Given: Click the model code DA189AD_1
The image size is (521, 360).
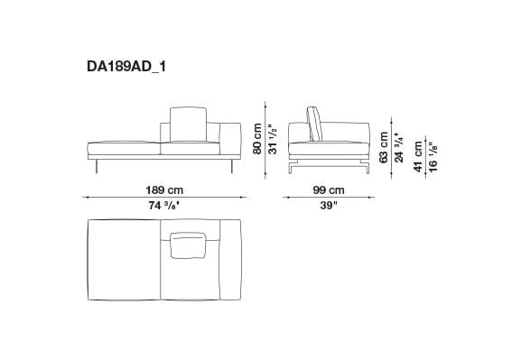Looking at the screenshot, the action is coord(126,67).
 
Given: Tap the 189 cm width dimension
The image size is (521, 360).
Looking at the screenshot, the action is coord(164,190).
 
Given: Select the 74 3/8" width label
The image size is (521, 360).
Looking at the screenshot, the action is coord(164,206).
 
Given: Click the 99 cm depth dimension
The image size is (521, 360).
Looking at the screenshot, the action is coord(329,190).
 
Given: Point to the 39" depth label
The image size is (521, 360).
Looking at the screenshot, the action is coord(329,206).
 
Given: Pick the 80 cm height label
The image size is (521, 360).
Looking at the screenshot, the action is coord(257,139).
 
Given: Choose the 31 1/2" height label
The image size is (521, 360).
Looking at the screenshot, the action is coord(273,139).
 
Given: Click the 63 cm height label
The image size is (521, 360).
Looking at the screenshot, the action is coord(383,147).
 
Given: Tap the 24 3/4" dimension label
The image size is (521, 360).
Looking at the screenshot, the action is coord(398,147).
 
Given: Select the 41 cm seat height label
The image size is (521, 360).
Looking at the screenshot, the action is coord(418,157).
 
